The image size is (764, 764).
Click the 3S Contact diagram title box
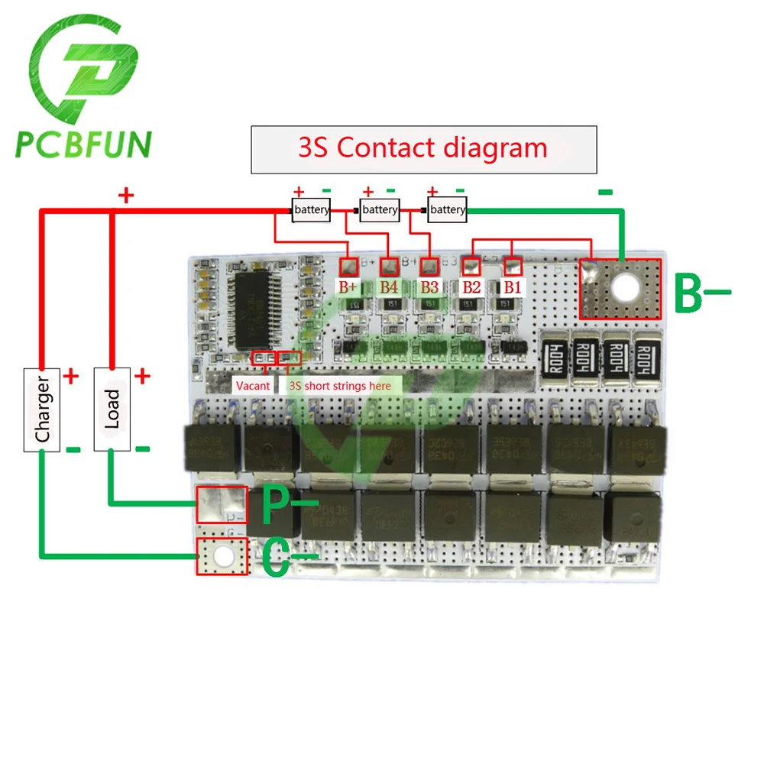(x=423, y=148)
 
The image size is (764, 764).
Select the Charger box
(x=42, y=410)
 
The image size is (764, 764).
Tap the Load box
(x=112, y=409)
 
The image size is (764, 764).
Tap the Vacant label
(x=253, y=386)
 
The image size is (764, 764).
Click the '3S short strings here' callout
(x=339, y=386)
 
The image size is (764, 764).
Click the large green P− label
(x=286, y=504)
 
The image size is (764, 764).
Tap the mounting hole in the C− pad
(x=223, y=555)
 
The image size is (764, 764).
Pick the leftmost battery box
(x=311, y=209)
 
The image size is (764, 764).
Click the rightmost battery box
(x=447, y=209)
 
